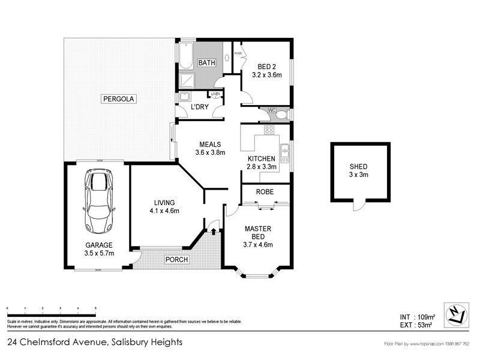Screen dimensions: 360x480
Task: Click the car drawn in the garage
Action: (100, 201)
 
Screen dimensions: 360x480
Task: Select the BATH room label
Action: (208, 62)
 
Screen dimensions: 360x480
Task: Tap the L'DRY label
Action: (199, 107)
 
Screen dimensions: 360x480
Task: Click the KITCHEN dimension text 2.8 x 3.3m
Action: (262, 167)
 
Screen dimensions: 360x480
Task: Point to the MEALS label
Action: (209, 144)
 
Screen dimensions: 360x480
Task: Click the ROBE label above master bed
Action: (265, 192)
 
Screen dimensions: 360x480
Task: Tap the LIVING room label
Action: (164, 202)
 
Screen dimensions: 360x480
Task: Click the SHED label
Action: (358, 167)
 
